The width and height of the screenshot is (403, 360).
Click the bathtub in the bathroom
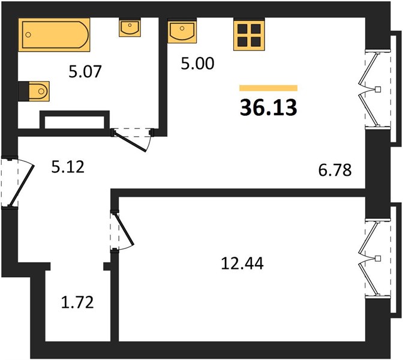click(54, 35)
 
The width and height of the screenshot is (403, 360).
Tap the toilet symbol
click(39, 91)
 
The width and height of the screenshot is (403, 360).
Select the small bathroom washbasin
click(130, 27)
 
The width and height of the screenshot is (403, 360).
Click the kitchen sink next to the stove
click(182, 31)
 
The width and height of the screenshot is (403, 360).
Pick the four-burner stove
click(249, 34)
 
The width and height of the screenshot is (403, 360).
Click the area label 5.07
click(85, 71)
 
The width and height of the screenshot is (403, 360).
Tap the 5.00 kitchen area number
click(197, 64)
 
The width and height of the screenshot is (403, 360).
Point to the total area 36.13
click(268, 107)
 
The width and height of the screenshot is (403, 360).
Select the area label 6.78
click(335, 170)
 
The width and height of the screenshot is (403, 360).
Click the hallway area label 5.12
click(68, 167)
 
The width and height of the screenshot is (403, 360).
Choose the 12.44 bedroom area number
click(242, 263)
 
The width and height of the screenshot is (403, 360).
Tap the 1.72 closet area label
click(77, 302)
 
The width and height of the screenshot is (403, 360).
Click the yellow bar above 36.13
click(268, 88)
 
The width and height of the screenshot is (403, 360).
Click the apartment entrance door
click(17, 181)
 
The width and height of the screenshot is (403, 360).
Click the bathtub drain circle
click(28, 35)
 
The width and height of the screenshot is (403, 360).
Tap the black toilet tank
click(23, 91)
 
